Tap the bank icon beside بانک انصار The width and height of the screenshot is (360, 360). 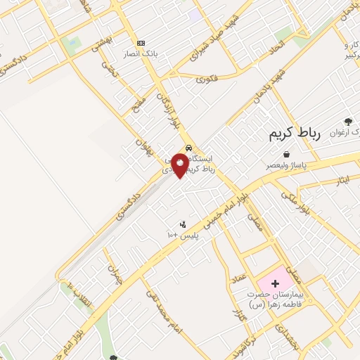coord(141,43)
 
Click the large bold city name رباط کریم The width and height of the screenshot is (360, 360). coord(294,134)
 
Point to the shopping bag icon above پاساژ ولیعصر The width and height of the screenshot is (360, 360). coord(286,155)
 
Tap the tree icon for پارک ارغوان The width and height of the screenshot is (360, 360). coord(347,121)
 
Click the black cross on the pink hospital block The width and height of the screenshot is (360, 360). coord(274,282)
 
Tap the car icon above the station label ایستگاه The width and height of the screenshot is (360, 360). coord(188,148)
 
